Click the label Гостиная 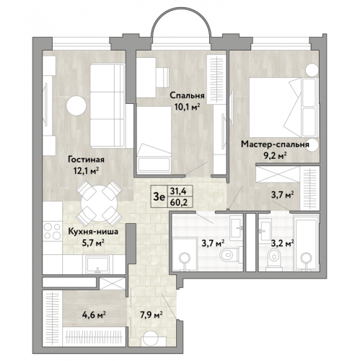86,160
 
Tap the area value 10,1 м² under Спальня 188,106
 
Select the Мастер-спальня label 275,144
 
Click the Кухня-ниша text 93,232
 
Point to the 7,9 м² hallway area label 151,315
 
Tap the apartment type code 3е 159,197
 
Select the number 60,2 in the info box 177,203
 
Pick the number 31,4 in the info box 177,191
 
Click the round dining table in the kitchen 99,204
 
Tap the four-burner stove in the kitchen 53,231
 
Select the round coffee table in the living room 76,105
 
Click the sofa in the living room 107,105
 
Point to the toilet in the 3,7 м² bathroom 229,253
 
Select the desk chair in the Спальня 162,78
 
